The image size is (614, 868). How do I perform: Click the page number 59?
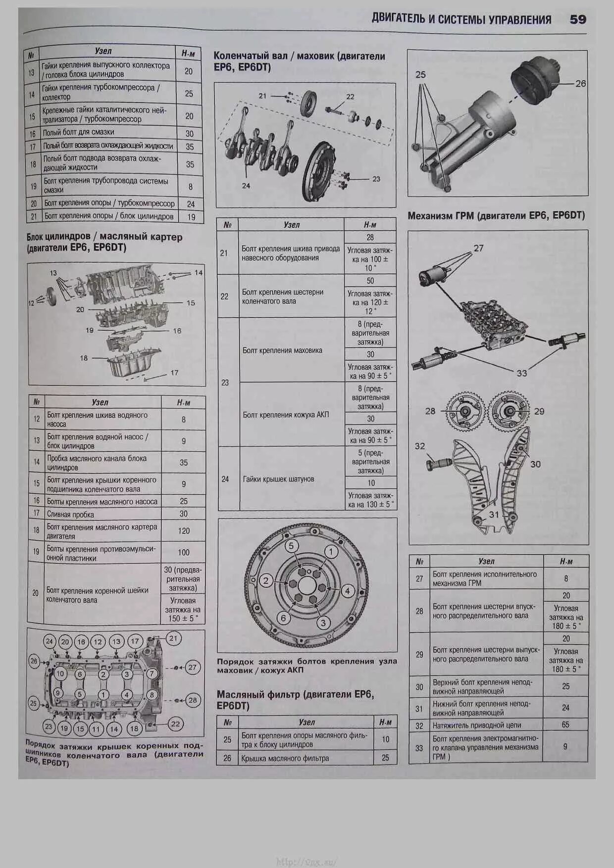click(x=578, y=19)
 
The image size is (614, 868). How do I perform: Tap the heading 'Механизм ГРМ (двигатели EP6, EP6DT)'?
click(x=496, y=216)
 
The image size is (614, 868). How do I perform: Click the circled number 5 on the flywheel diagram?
click(x=291, y=546)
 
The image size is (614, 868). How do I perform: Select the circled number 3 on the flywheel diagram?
click(x=323, y=623)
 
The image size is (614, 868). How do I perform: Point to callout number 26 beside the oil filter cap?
click(x=580, y=84)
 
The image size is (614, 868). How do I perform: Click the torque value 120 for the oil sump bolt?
click(x=184, y=531)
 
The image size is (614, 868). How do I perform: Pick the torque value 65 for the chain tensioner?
click(x=565, y=724)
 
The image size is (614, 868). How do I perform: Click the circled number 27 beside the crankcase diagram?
click(x=192, y=667)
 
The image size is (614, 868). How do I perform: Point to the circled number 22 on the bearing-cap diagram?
click(x=175, y=723)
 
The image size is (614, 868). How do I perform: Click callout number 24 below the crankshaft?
click(x=246, y=186)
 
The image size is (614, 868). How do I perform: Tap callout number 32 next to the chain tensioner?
click(x=420, y=446)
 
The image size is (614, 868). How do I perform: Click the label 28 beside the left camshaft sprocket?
click(x=430, y=411)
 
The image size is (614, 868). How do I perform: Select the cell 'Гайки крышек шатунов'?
click(x=278, y=479)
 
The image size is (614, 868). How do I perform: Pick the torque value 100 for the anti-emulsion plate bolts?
click(x=184, y=552)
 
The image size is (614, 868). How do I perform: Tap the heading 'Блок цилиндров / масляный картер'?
click(x=104, y=237)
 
